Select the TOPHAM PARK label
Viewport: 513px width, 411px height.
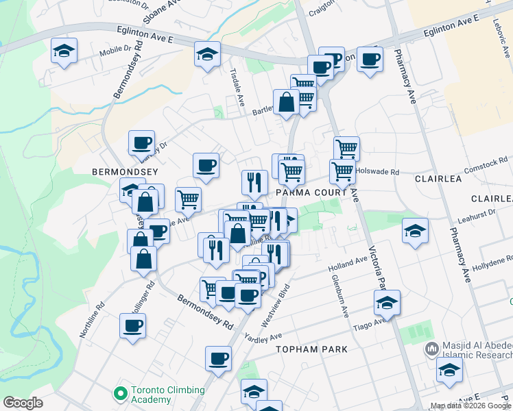[311, 349]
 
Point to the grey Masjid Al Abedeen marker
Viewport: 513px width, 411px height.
[431, 349]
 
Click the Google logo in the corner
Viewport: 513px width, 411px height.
[23, 403]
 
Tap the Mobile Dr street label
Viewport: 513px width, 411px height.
[115, 49]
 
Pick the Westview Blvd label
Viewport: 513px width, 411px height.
[272, 308]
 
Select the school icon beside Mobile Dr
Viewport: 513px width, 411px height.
[64, 50]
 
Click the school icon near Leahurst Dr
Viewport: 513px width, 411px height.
[415, 230]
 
